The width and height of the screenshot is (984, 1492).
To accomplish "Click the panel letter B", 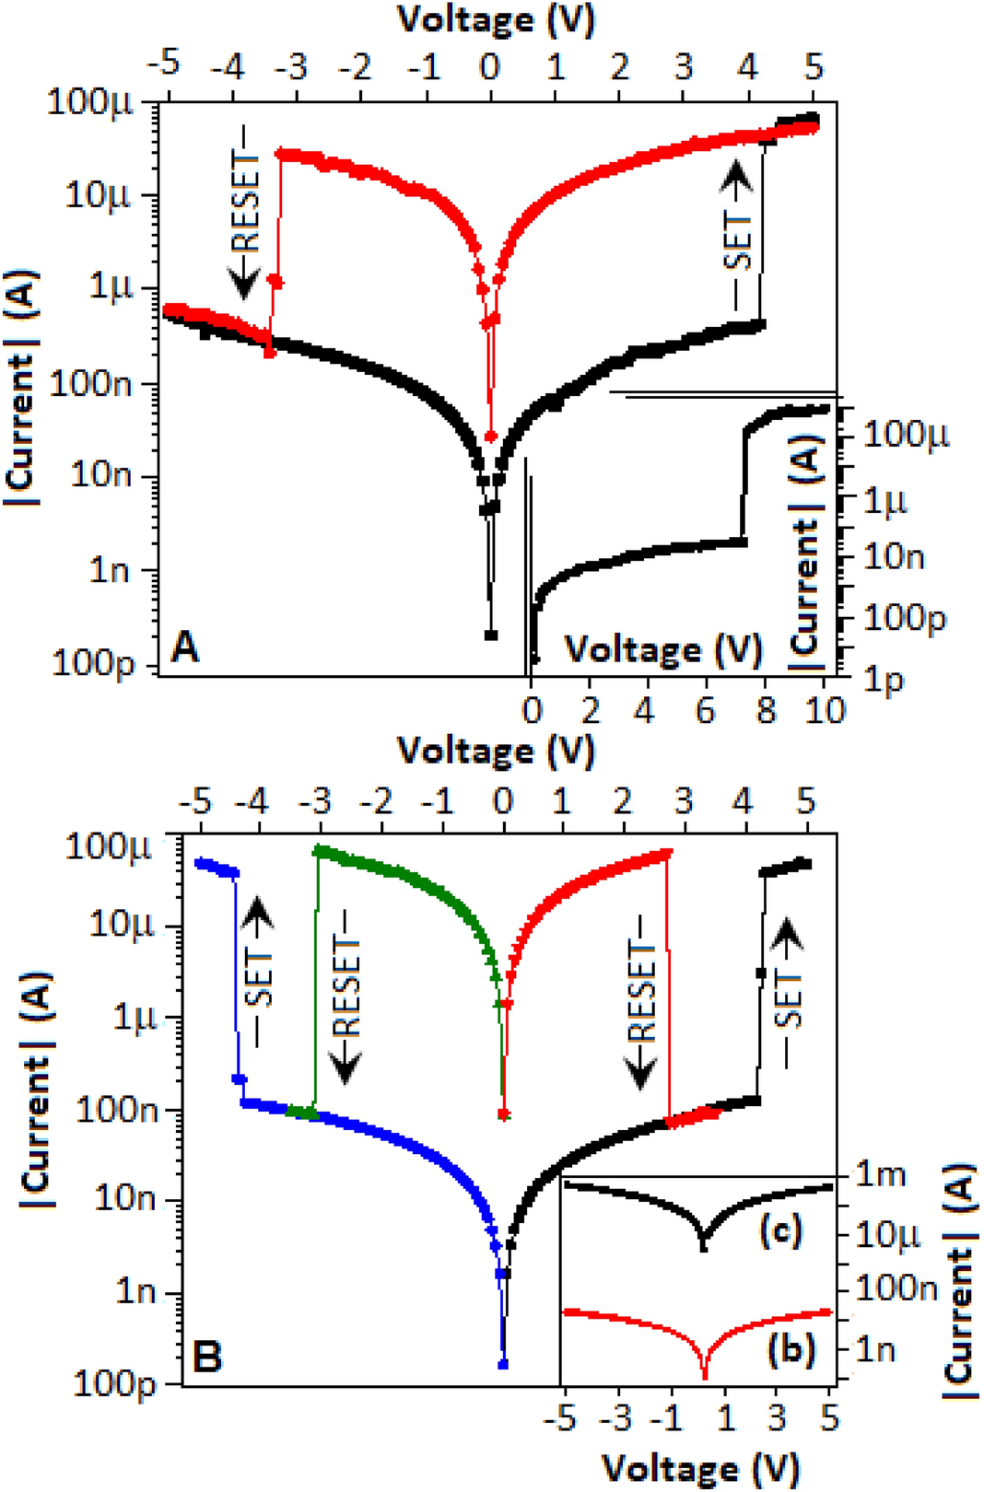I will [x=207, y=1357].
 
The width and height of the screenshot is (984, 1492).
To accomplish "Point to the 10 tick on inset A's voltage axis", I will [x=826, y=710].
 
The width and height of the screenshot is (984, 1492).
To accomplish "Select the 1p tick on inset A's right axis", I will [x=882, y=681].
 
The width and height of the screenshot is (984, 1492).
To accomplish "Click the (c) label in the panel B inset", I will [x=780, y=1230].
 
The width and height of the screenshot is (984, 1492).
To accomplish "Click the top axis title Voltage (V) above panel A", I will [x=496, y=18].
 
